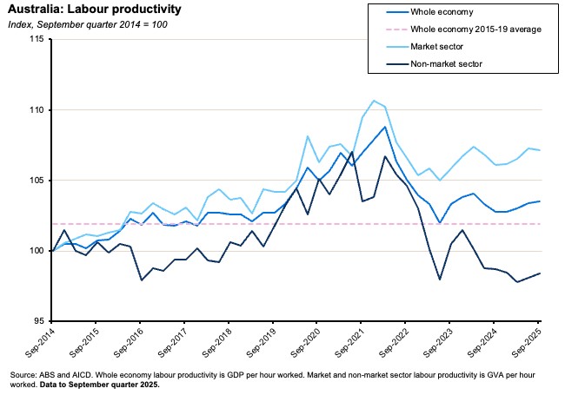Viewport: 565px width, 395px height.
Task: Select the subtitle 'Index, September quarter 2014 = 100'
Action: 88,24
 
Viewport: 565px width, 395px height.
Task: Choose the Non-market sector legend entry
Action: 469,63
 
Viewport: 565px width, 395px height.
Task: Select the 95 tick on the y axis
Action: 38,320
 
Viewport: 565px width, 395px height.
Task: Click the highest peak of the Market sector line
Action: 374,101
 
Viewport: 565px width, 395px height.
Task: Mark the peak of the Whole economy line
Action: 385,127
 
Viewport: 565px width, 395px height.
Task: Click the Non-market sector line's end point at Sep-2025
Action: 540,273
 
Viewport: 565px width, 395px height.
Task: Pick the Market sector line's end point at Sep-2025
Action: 540,150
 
